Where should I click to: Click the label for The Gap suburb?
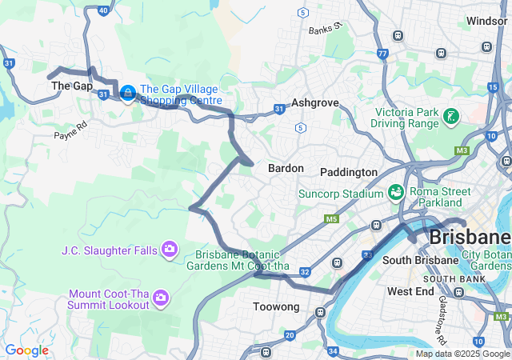tap(72, 86)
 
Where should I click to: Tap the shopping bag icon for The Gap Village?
tap(127, 94)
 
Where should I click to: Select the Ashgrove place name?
tap(315, 103)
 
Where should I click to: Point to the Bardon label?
tap(286, 169)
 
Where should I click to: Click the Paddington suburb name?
tap(348, 172)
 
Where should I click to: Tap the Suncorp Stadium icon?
tap(395, 193)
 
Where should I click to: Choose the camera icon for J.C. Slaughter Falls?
tap(169, 250)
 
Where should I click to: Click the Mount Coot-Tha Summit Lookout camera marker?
tap(160, 298)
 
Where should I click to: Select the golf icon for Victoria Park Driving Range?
tap(451, 118)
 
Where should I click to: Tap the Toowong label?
tap(275, 307)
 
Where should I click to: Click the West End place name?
tap(410, 292)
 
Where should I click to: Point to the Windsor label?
tap(486, 21)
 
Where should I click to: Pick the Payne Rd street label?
tap(70, 130)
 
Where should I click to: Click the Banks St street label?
tap(326, 29)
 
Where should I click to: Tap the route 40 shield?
tap(103, 10)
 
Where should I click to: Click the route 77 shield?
tap(382, 54)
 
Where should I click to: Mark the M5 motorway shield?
tap(332, 218)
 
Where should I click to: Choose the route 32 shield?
tap(305, 272)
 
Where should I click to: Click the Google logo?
tap(26, 350)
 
